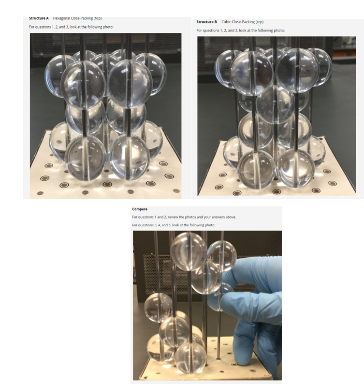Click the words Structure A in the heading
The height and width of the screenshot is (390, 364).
pos(39,18)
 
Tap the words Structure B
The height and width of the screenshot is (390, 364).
pos(206,22)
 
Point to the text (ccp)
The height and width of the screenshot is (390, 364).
pos(257,22)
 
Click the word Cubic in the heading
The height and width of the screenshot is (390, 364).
pos(227,22)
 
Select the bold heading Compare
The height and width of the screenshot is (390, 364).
pos(141,209)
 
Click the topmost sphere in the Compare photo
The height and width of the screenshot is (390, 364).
pos(189,250)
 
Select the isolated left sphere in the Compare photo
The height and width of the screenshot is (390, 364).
pos(158,307)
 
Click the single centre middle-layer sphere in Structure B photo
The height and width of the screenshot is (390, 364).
pos(275,104)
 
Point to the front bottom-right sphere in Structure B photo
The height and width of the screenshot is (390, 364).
pos(296,168)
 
